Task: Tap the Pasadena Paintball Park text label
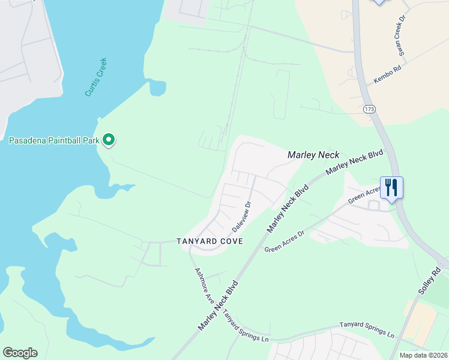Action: [x=53, y=141]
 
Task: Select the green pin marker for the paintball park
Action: [x=109, y=140]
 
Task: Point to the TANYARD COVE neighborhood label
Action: [x=209, y=241]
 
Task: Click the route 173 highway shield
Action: [x=369, y=109]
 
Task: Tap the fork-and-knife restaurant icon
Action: [x=391, y=187]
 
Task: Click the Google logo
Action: [x=20, y=353]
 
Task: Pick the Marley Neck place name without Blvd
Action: [x=313, y=155]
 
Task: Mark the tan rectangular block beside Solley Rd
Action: [x=420, y=324]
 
